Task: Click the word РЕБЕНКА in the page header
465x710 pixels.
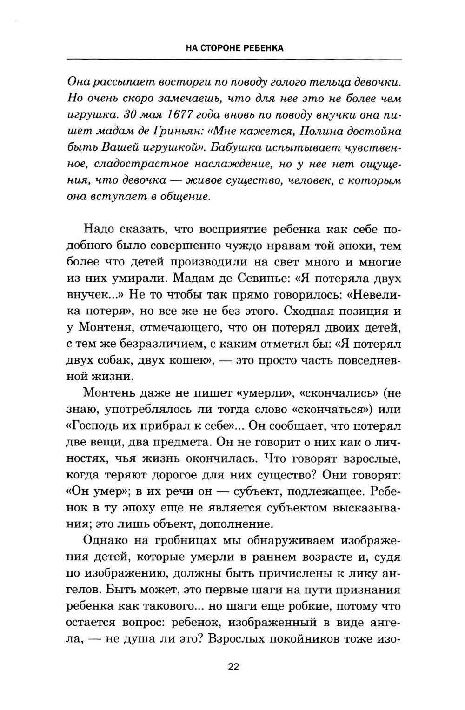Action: coord(263,48)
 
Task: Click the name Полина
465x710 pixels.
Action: coord(322,131)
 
